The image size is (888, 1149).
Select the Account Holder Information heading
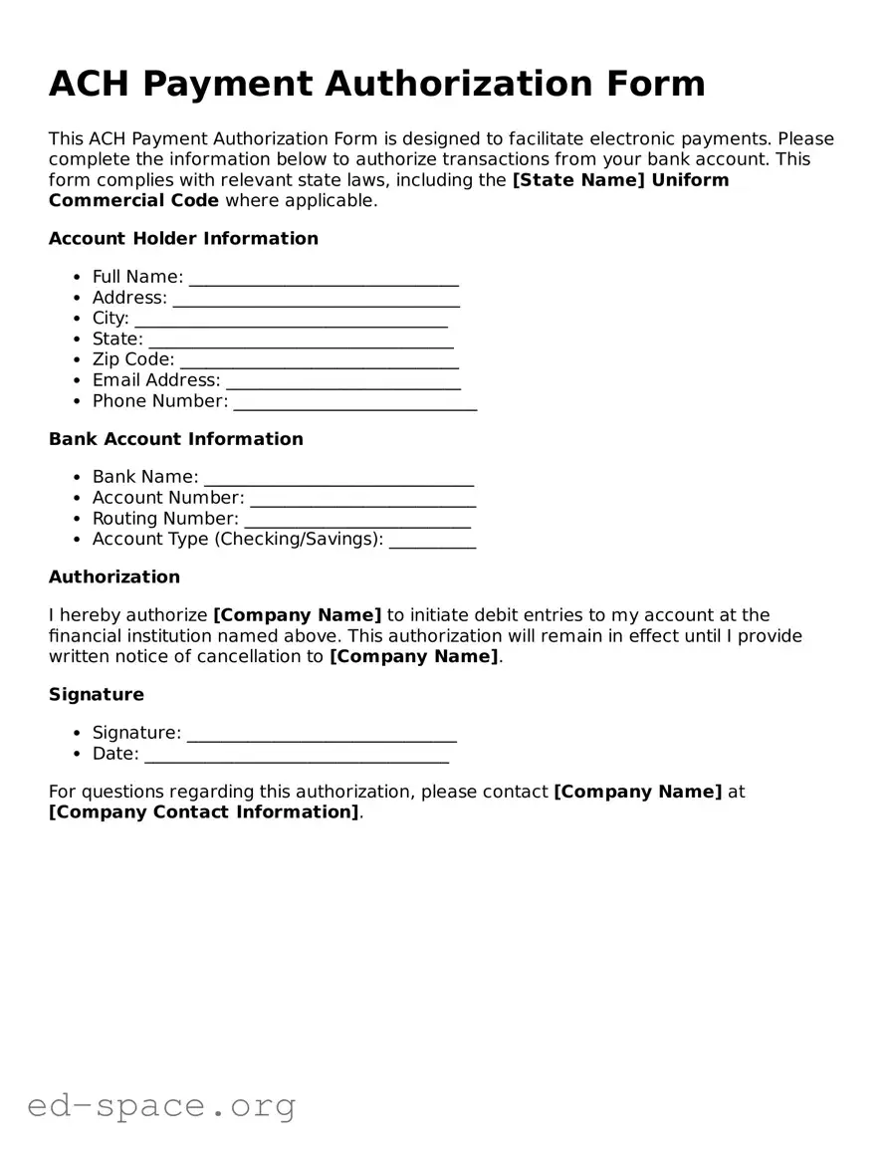click(183, 239)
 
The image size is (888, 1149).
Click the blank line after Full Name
click(324, 279)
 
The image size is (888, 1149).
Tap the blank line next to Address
click(316, 300)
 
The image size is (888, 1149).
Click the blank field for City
click(291, 321)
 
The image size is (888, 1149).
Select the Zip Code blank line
click(319, 361)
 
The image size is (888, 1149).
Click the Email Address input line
click(343, 382)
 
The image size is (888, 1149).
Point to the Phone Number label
click(159, 401)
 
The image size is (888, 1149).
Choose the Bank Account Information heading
click(175, 439)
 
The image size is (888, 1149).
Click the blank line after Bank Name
click(338, 479)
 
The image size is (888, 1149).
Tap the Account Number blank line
click(362, 500)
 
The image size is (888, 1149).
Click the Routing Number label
click(165, 519)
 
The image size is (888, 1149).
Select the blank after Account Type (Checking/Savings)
click(432, 541)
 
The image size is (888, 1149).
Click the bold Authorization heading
click(114, 577)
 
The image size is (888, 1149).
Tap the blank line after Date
click(297, 756)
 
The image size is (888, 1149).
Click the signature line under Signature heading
click(322, 735)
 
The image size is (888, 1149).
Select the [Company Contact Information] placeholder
click(203, 812)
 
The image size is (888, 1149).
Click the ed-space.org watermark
click(161, 1105)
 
